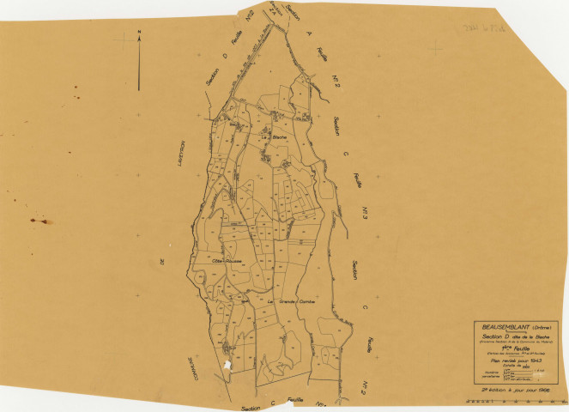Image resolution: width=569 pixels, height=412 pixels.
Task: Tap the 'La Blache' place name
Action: coord(272,137)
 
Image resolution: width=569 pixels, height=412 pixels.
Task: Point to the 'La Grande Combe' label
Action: coord(294,302)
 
